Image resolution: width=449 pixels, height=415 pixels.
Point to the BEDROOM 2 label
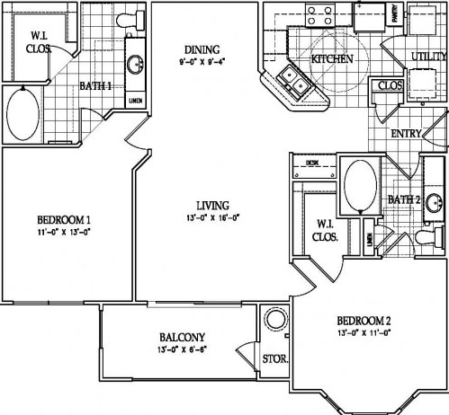point(364,322)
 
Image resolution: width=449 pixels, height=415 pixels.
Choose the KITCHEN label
point(331,59)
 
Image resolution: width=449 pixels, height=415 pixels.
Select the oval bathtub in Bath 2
point(360,184)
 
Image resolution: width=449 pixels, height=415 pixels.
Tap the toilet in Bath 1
point(103,18)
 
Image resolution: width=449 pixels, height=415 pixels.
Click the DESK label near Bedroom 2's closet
point(311,163)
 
